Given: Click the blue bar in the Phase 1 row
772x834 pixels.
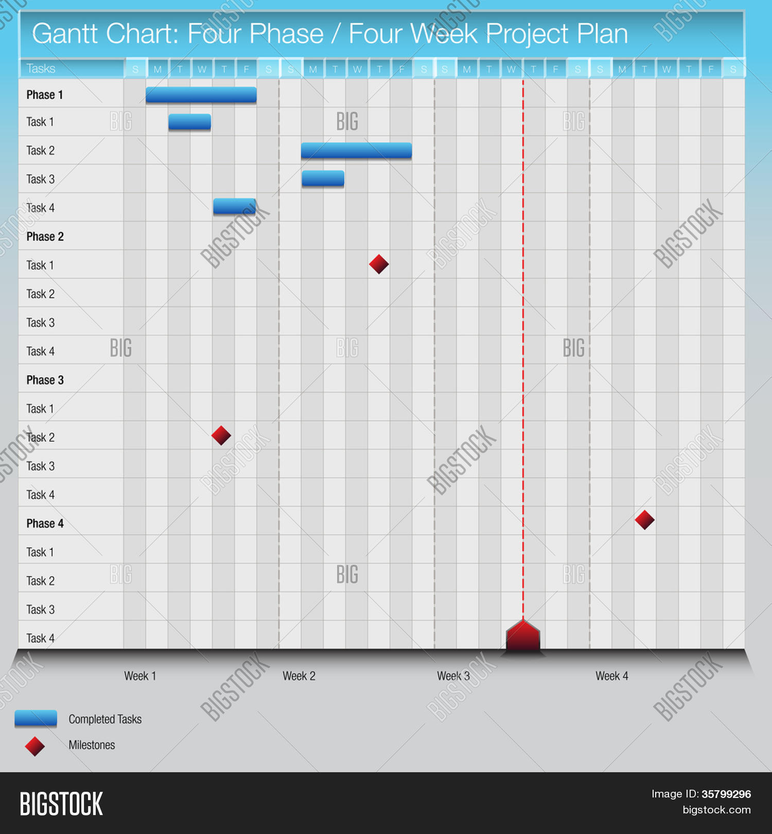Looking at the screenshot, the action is (201, 95).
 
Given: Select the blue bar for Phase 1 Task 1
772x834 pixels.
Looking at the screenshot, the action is (189, 122).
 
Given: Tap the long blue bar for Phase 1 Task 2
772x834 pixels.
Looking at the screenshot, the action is (356, 150).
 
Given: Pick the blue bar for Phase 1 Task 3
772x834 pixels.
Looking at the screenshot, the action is (323, 179).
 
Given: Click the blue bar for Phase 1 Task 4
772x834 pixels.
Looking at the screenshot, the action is (234, 206).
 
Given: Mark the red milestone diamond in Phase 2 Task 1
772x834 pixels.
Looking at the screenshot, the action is (379, 264).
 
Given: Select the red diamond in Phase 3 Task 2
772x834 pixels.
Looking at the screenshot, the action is (221, 436).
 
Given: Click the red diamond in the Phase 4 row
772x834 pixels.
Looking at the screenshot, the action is (644, 520).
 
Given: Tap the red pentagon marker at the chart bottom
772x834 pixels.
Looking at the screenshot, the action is (523, 636).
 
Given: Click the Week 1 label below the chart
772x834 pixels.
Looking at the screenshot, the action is (140, 676).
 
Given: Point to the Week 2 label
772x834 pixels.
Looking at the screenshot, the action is (299, 676).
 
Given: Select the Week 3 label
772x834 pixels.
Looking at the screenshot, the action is (453, 676).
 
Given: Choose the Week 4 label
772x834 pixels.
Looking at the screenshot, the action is (612, 676).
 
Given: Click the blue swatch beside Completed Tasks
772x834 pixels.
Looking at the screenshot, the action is (36, 718).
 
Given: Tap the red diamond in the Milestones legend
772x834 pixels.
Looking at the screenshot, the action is (35, 746).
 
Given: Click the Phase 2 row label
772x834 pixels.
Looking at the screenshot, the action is (45, 237).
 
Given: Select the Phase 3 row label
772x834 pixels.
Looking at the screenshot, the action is (45, 380).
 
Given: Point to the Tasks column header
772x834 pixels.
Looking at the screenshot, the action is (41, 68).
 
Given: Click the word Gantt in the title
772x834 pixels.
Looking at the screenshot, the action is (65, 34).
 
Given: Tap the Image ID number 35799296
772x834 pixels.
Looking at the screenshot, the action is (726, 794).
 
